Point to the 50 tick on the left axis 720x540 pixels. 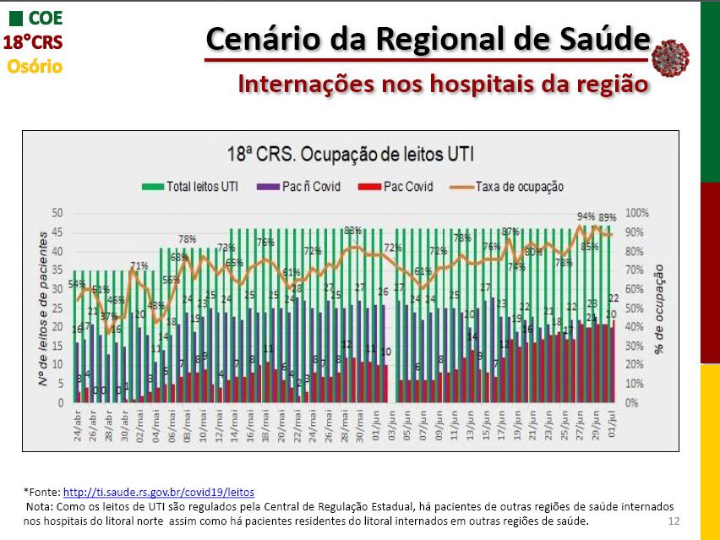57,213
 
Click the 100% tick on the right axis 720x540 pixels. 638,213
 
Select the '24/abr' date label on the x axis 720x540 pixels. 79,423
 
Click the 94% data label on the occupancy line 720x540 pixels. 586,216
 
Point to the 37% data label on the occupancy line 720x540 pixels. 108,316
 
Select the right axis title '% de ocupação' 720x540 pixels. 659,308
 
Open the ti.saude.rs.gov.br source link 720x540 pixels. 159,492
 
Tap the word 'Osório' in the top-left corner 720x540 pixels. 35,66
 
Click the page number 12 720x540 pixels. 674,521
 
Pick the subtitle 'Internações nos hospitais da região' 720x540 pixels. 431,84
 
